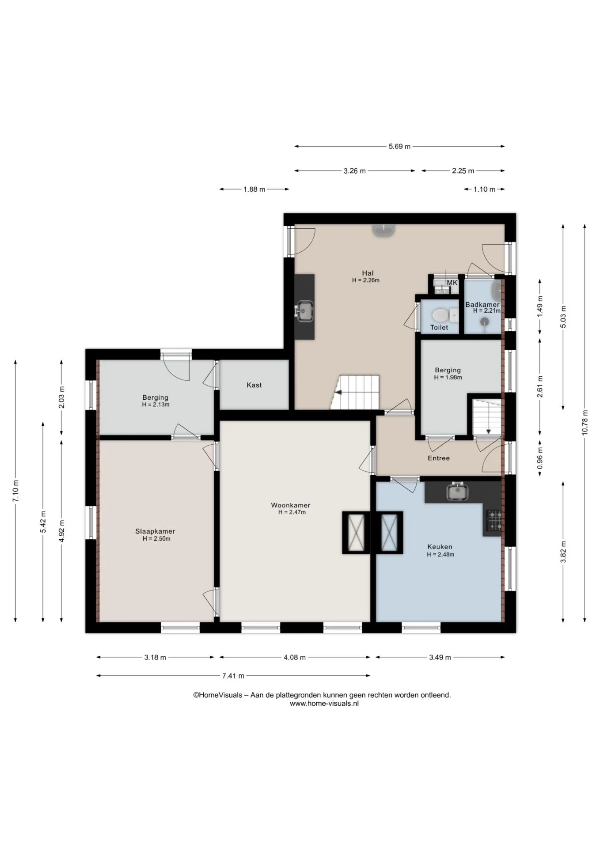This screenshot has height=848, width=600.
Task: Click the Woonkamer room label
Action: [291, 505]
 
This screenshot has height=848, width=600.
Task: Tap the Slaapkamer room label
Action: [155, 531]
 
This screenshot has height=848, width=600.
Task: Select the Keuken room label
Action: [440, 547]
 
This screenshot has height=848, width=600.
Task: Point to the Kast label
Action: [254, 385]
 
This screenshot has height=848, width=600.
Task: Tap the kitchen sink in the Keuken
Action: [456, 492]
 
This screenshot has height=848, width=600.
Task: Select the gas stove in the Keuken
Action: [494, 520]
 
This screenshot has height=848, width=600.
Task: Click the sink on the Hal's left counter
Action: [304, 310]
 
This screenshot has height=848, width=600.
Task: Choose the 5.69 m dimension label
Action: [399, 146]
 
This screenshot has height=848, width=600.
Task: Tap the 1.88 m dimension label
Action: [254, 189]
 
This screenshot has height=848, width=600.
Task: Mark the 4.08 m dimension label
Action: [295, 657]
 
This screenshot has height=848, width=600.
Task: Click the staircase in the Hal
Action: [355, 392]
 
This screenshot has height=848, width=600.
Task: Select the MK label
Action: [452, 283]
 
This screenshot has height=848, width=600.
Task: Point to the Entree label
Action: [439, 458]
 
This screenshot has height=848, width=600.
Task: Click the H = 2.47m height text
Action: [292, 512]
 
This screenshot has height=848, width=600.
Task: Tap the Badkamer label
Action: [482, 305]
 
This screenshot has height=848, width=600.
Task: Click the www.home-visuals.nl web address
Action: [324, 704]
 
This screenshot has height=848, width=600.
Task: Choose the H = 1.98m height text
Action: [448, 378]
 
